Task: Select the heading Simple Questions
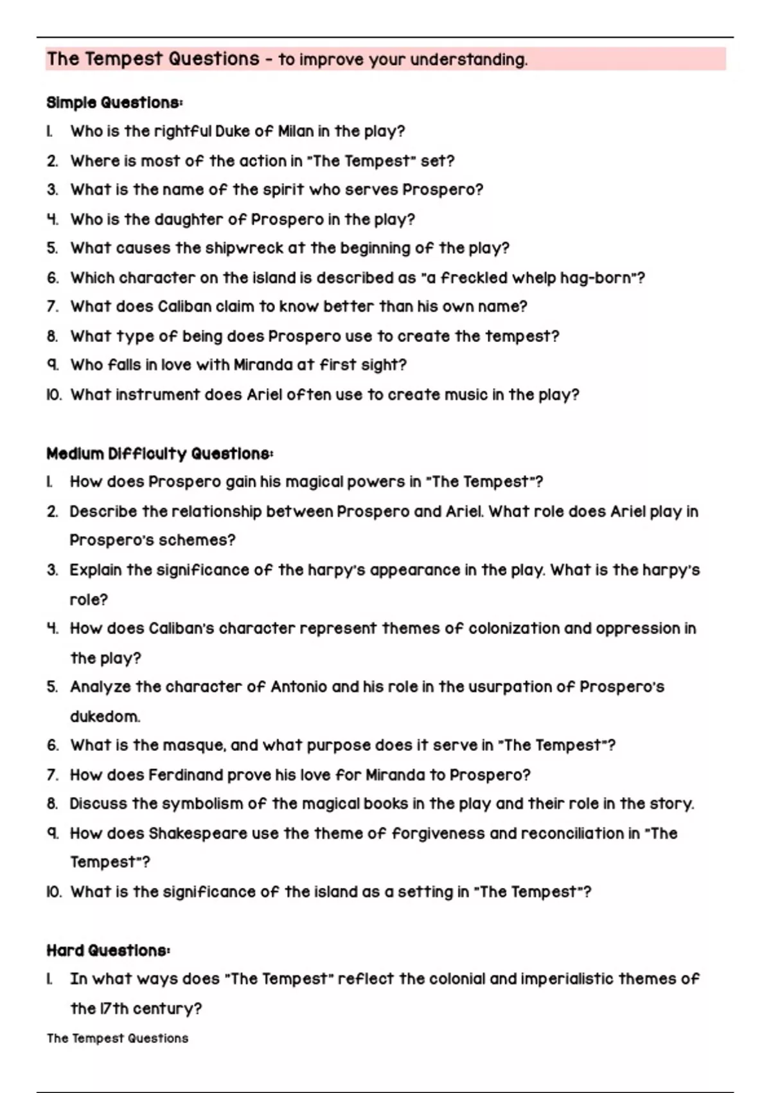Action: [114, 103]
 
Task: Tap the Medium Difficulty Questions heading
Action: [159, 454]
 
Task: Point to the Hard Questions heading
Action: [108, 950]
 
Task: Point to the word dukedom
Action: [105, 717]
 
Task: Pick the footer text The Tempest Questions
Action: [118, 1038]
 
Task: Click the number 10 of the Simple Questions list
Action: [54, 395]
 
